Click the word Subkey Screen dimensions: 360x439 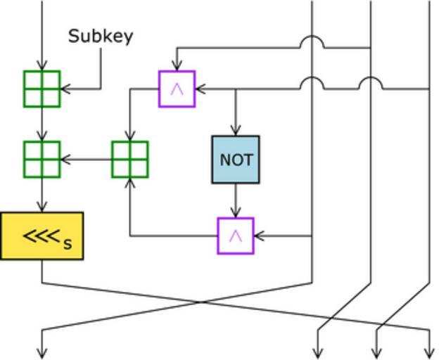click(101, 36)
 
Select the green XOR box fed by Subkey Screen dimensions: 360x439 click(42, 89)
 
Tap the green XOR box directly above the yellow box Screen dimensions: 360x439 click(42, 160)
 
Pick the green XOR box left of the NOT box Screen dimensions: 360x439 click(129, 160)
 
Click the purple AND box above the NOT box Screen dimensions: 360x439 click(177, 89)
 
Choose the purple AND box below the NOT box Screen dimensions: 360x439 click(236, 236)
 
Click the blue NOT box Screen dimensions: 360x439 click(236, 160)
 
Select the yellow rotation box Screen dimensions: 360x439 click(42, 236)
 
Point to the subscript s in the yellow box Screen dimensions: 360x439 click(68, 244)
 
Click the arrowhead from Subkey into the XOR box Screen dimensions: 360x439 click(65, 89)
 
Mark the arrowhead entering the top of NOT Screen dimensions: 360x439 click(236, 131)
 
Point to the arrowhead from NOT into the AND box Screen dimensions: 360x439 click(236, 213)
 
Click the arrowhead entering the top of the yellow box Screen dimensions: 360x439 click(42, 207)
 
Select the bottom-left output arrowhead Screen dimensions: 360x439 click(42, 354)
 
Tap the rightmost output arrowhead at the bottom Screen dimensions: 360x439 click(429, 354)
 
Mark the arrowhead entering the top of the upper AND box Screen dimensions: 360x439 click(177, 67)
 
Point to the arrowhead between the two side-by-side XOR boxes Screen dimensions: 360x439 click(65, 160)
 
